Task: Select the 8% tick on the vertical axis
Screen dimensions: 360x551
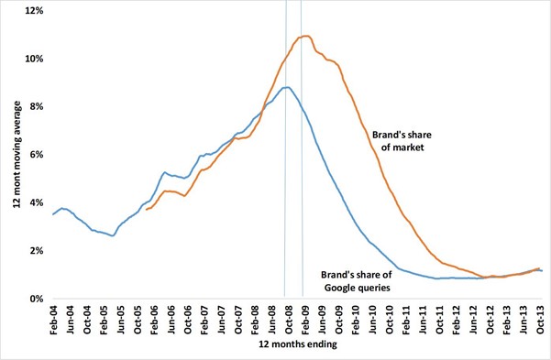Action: [x=35, y=106]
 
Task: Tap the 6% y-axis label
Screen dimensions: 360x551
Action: [x=35, y=155]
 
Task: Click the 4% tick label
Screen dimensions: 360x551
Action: [x=35, y=202]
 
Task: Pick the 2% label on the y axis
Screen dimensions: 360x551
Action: [x=35, y=250]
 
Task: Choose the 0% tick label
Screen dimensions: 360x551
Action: [x=35, y=299]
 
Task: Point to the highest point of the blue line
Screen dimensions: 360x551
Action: [x=287, y=87]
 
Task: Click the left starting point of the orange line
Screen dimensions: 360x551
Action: [x=146, y=210]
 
